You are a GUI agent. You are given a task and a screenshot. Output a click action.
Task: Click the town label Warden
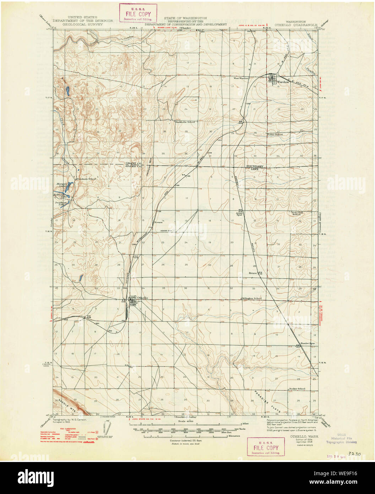coord(283,82)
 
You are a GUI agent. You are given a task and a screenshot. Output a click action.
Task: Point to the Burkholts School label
coord(185,122)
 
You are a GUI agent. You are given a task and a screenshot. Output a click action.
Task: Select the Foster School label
coord(275,135)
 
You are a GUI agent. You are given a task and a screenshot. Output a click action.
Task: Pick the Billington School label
coord(252,298)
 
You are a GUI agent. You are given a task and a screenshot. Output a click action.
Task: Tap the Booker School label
coord(297,389)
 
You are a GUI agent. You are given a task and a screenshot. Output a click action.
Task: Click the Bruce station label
coord(253,273)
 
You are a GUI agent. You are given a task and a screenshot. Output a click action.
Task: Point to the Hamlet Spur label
coord(308,343)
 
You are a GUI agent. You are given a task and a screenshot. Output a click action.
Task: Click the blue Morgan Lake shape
coord(70,185)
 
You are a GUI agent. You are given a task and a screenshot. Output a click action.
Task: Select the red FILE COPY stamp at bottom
coord(266,446)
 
